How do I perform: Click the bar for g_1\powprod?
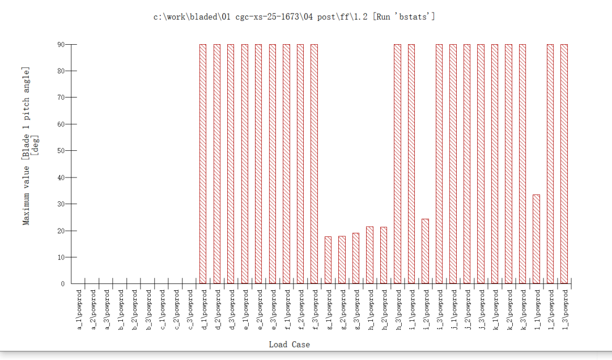pos(328,260)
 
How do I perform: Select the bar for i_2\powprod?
pos(425,251)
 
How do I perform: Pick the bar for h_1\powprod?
pos(369,255)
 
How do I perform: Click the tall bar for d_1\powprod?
pos(203,164)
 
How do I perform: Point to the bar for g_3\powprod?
pos(356,258)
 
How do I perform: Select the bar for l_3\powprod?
pos(564,164)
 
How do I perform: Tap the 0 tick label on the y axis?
pos(63,284)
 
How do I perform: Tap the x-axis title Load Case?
pos(289,344)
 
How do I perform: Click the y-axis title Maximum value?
pos(26,193)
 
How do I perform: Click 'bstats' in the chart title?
pos(416,17)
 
